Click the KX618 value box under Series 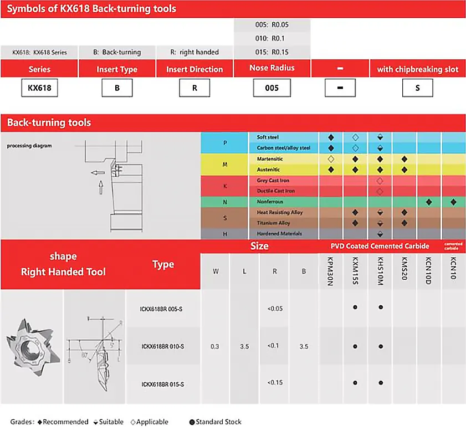(39, 88)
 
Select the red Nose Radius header (272, 68)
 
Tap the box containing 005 (272, 88)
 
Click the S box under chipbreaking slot (417, 88)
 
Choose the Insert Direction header (194, 69)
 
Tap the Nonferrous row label (270, 202)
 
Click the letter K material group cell (225, 186)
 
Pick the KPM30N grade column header (331, 271)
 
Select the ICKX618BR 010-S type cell (163, 347)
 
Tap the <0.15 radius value (275, 382)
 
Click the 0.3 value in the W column (215, 347)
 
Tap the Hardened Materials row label (279, 234)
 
